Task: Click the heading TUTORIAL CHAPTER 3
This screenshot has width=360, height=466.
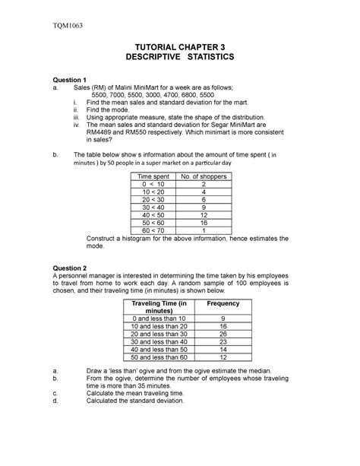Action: click(x=179, y=46)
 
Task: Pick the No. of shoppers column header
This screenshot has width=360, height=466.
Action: click(x=204, y=176)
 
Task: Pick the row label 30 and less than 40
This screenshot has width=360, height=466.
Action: click(x=159, y=341)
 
